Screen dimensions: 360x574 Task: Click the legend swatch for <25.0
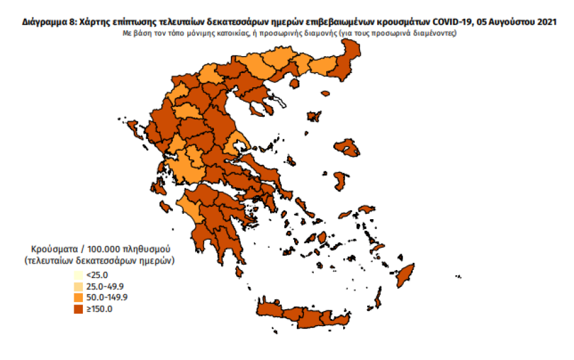(x=78, y=275)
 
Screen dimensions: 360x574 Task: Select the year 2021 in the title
(x=547, y=22)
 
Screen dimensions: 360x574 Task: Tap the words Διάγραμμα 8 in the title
(x=48, y=22)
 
